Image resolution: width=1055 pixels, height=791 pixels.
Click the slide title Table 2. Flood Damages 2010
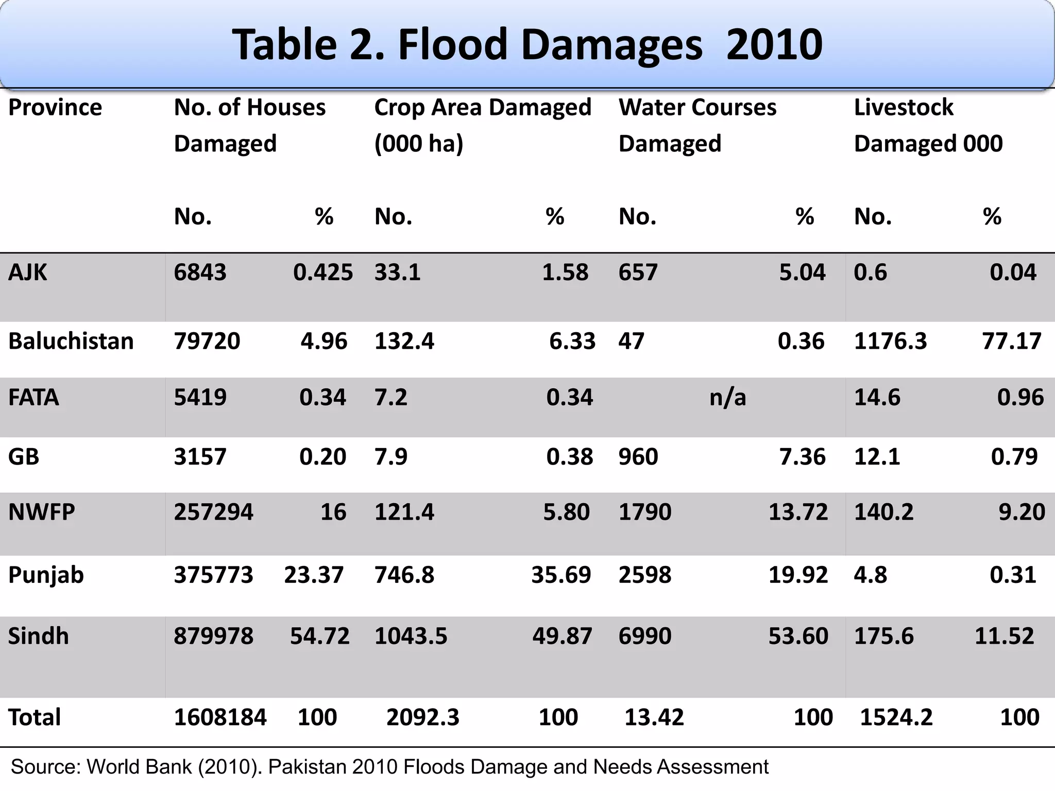(x=527, y=45)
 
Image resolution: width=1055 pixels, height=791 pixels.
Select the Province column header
(x=55, y=108)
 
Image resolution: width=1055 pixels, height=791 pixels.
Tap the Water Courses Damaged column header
(x=697, y=125)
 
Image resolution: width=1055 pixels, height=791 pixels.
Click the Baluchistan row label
(x=71, y=341)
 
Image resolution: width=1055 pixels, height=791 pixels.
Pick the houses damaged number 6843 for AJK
(x=200, y=272)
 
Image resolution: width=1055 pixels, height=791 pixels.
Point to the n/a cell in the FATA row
(x=727, y=398)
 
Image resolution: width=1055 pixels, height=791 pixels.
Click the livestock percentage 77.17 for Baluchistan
(x=1011, y=341)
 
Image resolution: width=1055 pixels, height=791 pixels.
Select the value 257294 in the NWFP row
(x=213, y=512)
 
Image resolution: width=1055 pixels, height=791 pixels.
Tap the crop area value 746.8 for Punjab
(x=404, y=575)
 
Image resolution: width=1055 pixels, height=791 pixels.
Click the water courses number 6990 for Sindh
(x=645, y=636)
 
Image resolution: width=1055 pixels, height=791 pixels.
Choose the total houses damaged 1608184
(x=220, y=717)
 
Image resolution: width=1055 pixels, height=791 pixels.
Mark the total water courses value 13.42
(x=654, y=717)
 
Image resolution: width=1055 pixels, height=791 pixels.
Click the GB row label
(x=24, y=457)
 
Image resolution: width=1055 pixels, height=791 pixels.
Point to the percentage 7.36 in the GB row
(x=802, y=457)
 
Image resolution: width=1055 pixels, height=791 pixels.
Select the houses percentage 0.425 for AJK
(x=323, y=272)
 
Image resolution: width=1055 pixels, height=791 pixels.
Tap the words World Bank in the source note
(x=139, y=767)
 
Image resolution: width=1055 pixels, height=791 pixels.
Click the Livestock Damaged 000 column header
(x=928, y=125)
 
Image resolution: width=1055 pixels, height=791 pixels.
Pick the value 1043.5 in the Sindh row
(x=411, y=636)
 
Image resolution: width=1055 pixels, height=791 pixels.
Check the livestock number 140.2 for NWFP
(x=883, y=512)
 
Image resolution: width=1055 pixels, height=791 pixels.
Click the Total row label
(x=35, y=717)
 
